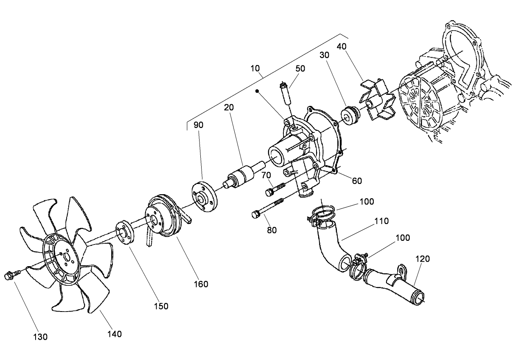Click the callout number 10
(256, 68)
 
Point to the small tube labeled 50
(285, 94)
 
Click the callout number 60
(357, 180)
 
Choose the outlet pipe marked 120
(393, 284)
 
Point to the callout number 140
(114, 334)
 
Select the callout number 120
(423, 258)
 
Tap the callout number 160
(201, 284)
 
